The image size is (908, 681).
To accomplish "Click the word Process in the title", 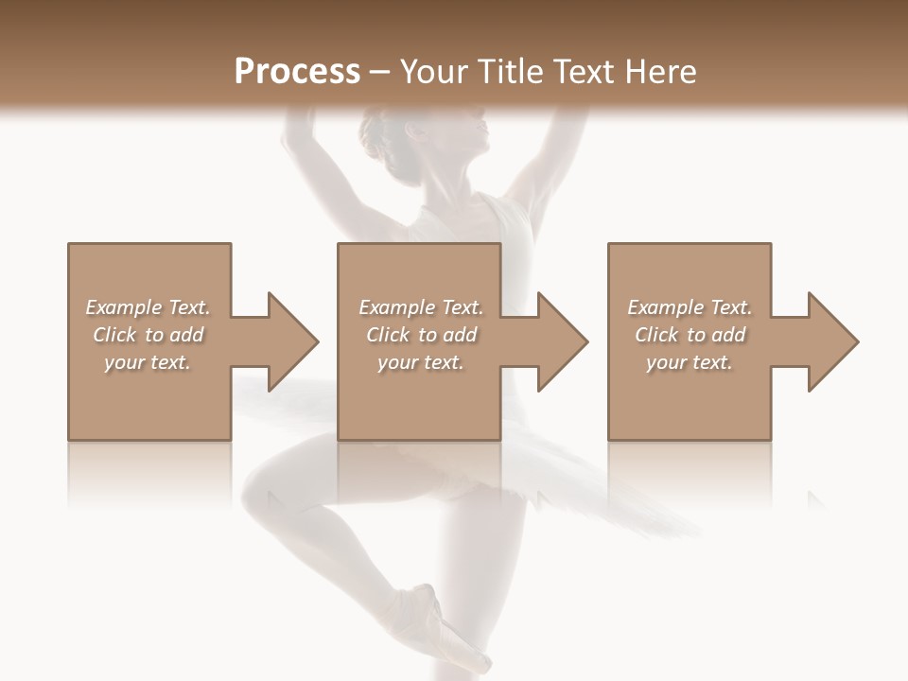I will (x=297, y=72).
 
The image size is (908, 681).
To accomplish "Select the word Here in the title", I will (x=661, y=72).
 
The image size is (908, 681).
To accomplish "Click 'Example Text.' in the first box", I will (x=148, y=307).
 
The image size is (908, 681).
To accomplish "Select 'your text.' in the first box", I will (x=148, y=362).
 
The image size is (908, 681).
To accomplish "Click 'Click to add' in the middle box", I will (x=421, y=335).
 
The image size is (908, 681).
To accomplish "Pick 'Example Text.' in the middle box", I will (x=421, y=307).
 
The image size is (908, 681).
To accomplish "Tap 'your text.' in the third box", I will (x=690, y=362).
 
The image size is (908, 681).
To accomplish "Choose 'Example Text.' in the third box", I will (x=690, y=307).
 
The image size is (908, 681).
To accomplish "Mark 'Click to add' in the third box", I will (x=690, y=335).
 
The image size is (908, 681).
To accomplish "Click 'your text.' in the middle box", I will (x=421, y=362).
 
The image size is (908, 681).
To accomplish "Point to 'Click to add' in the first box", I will (x=148, y=335).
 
